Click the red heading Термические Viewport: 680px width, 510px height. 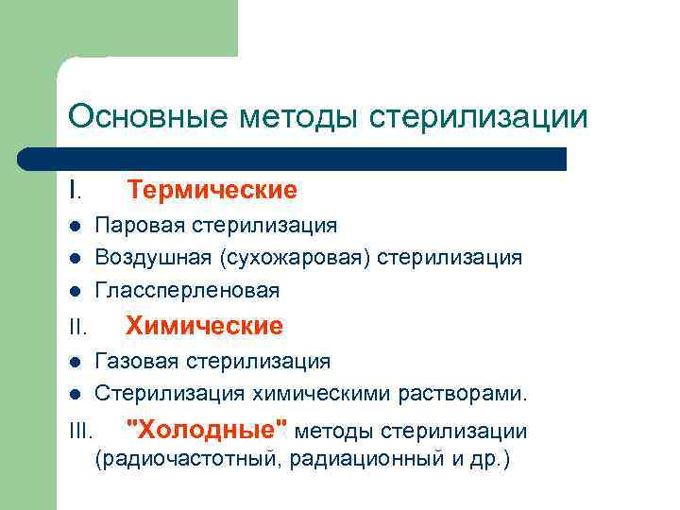(x=212, y=191)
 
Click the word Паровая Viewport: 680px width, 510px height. (x=140, y=226)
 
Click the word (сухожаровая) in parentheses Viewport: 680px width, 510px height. (x=295, y=258)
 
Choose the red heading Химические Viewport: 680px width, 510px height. (x=205, y=327)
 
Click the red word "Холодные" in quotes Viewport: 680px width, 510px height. (x=208, y=431)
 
